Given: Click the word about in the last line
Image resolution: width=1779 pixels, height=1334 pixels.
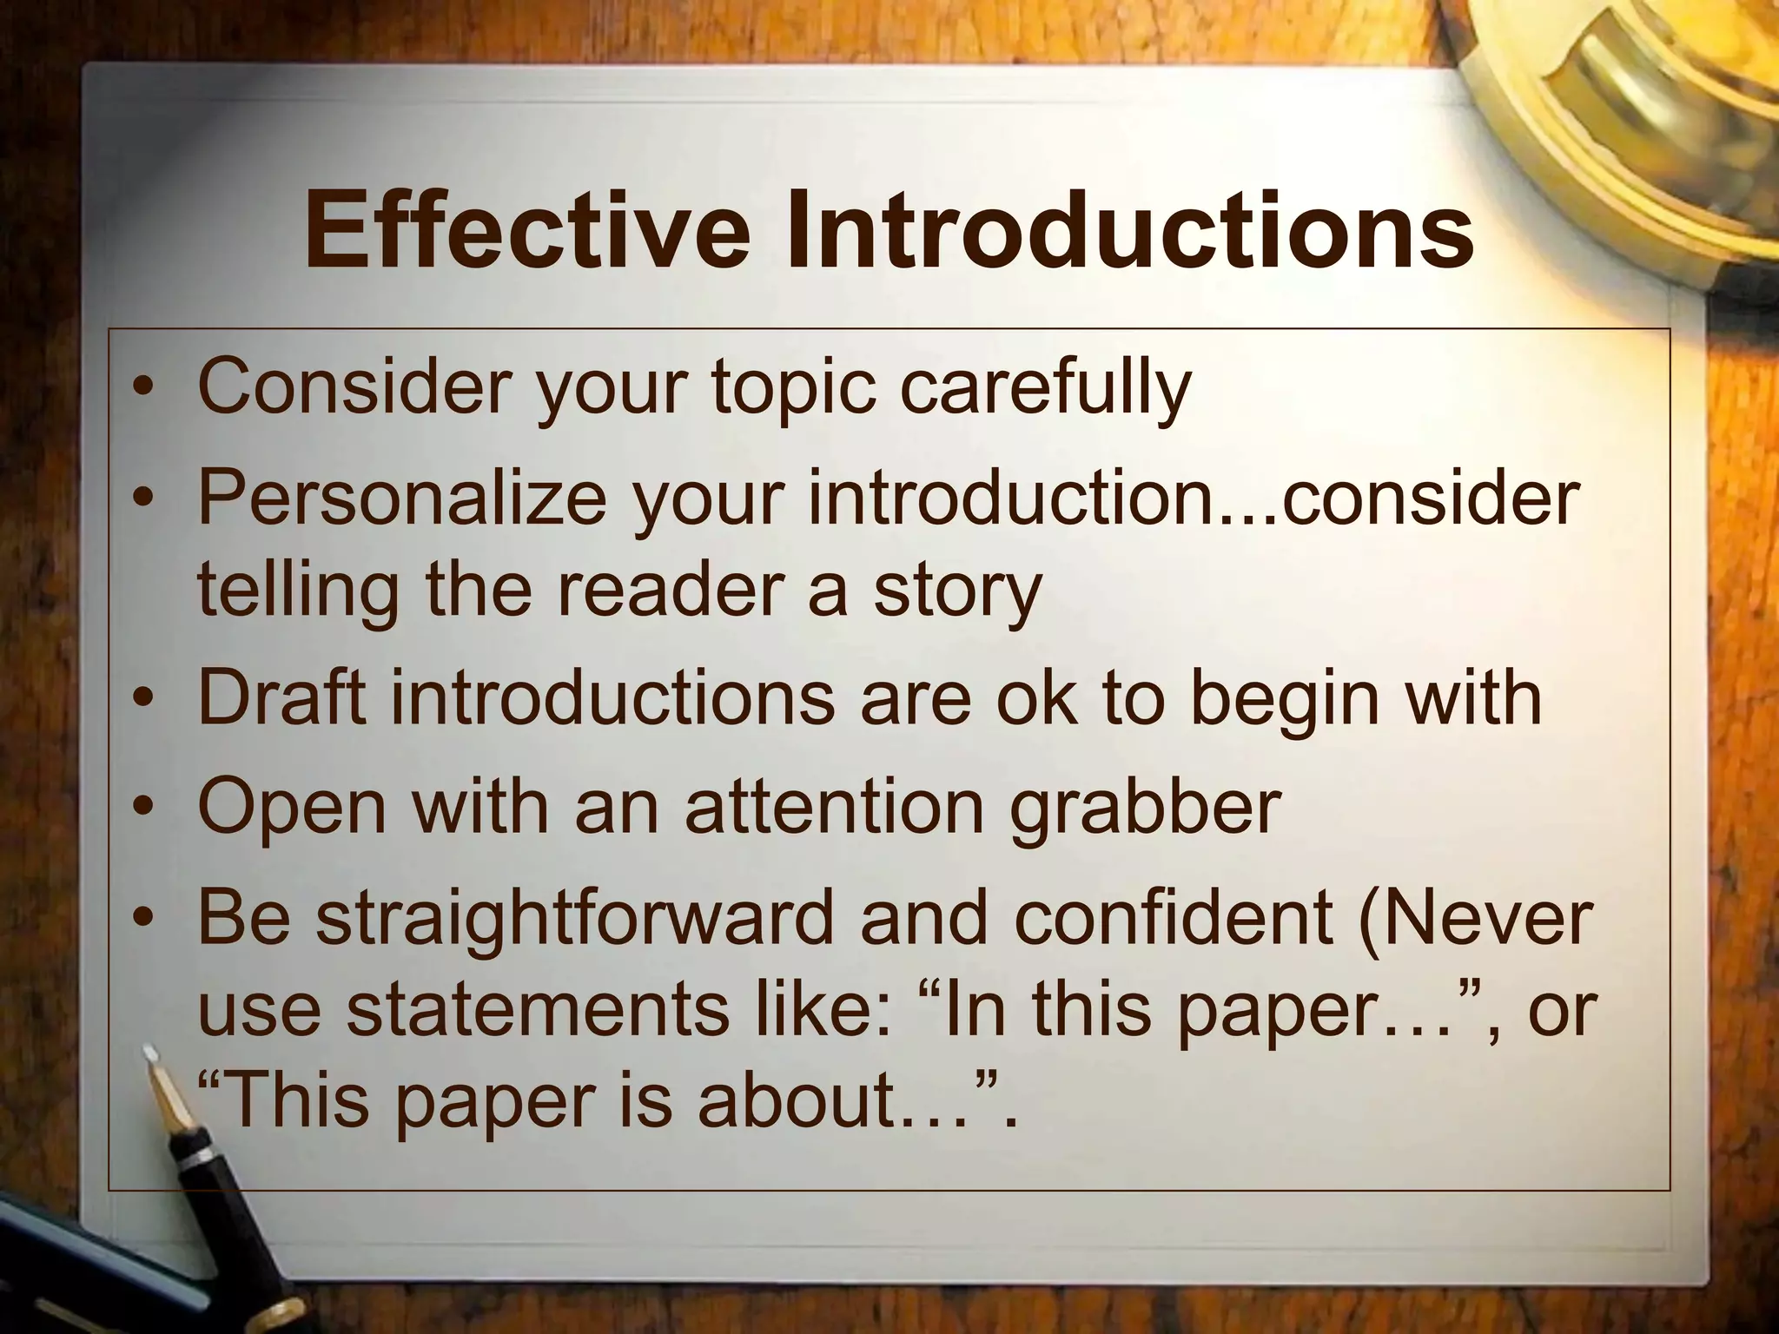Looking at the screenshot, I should (798, 1099).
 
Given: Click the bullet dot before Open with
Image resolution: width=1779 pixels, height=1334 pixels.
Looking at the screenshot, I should (144, 808).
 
